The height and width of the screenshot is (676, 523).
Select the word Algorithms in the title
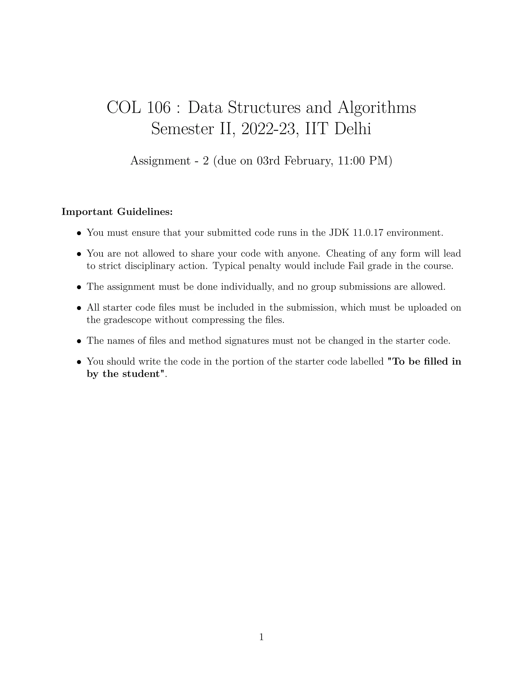(376, 108)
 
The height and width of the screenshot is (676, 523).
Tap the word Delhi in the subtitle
(353, 129)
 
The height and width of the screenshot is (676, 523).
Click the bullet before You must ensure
(79, 233)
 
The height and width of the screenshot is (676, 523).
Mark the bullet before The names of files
(79, 341)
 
